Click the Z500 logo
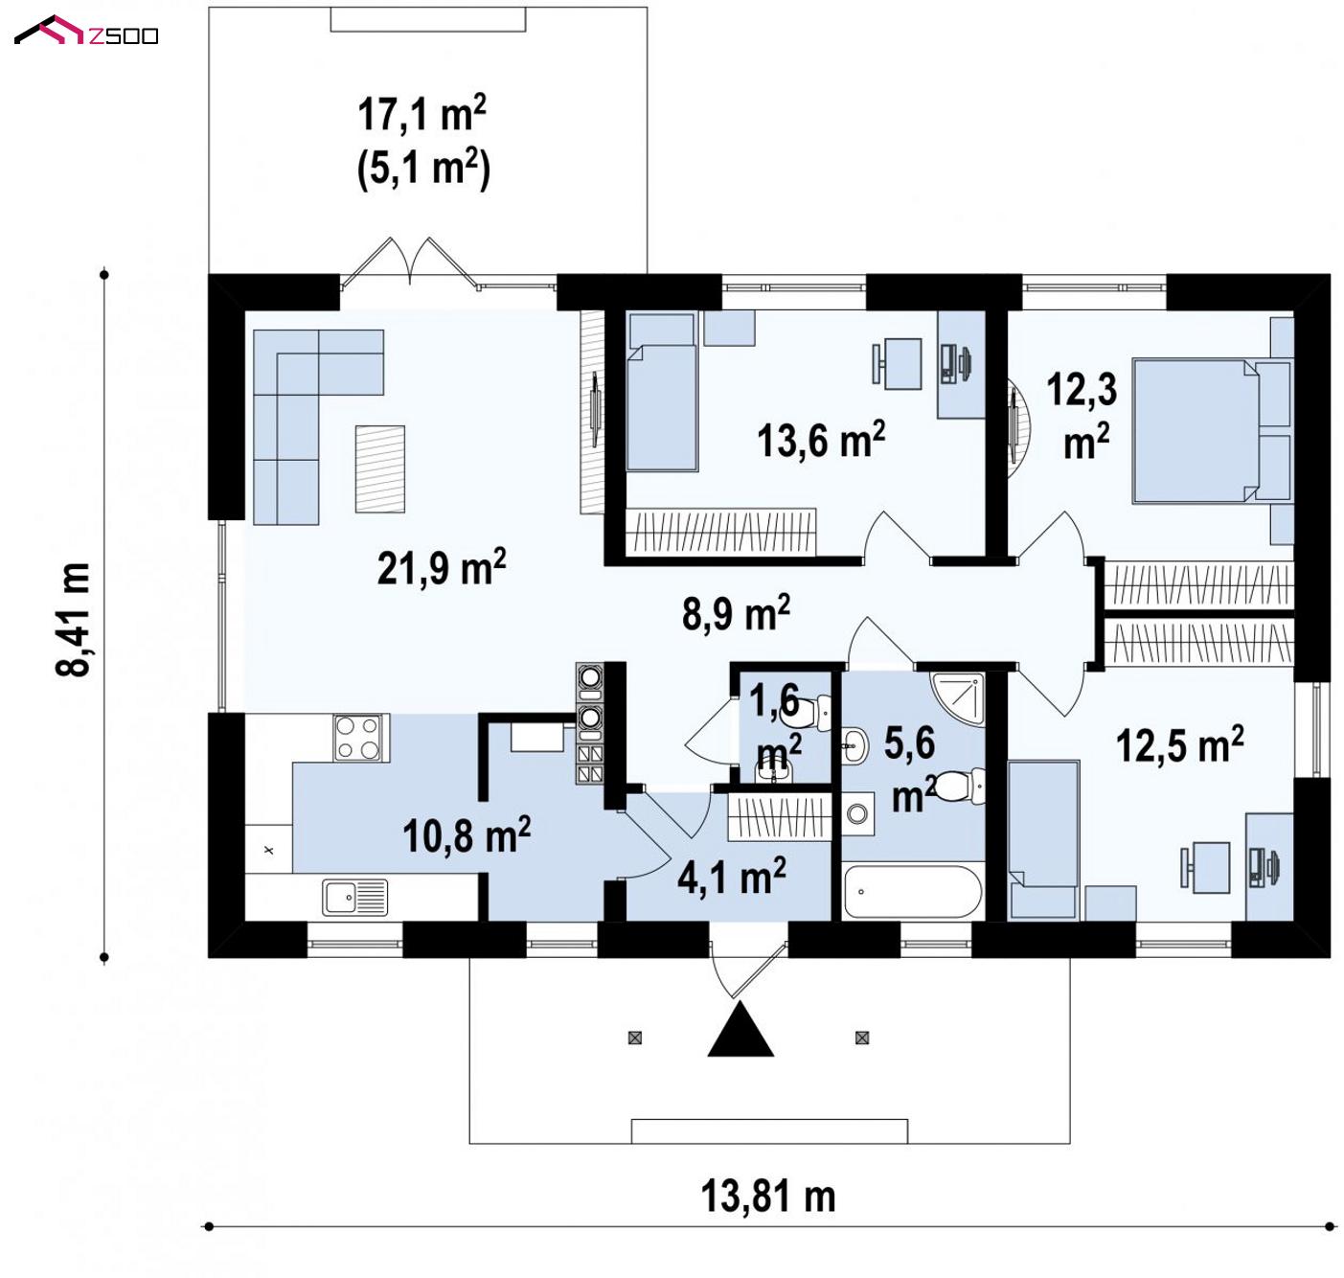(86, 32)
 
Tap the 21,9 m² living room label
(441, 567)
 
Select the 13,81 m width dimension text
(767, 1196)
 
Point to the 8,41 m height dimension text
(73, 620)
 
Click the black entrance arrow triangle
(740, 1029)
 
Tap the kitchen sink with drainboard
(354, 897)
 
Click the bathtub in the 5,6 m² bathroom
(913, 892)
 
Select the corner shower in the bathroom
(959, 698)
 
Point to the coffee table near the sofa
(379, 469)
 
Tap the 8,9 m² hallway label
(736, 612)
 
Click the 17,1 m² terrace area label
(421, 113)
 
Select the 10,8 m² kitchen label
(467, 834)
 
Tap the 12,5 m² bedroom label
(1180, 744)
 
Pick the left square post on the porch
(634, 1038)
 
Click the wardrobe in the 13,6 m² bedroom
(721, 532)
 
